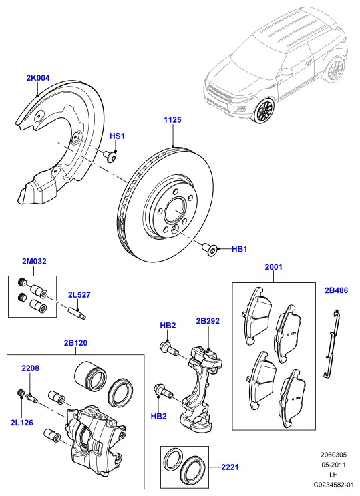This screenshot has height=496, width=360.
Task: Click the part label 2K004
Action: click(38, 78)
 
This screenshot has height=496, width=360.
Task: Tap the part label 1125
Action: click(172, 120)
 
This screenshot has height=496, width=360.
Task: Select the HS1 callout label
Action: click(117, 136)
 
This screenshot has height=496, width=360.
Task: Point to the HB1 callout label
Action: click(239, 249)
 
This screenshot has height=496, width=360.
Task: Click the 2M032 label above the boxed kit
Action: click(34, 261)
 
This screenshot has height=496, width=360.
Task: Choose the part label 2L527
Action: click(79, 295)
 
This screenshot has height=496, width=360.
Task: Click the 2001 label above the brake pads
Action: click(274, 267)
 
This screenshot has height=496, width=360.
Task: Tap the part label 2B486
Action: click(336, 290)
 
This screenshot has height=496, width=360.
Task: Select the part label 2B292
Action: click(208, 321)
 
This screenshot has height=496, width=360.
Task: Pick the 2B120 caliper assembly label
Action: click(75, 343)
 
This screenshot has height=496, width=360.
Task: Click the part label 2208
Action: click(31, 368)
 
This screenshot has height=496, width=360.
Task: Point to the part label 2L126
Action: click(22, 423)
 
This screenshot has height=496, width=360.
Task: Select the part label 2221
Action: click(230, 467)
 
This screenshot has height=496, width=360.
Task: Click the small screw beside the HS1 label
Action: click(110, 156)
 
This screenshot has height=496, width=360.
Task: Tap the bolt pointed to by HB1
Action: click(210, 249)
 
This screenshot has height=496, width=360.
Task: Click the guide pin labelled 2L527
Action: click(77, 312)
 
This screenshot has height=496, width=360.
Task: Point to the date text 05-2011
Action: click(334, 465)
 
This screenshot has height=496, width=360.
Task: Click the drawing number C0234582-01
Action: click(333, 484)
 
